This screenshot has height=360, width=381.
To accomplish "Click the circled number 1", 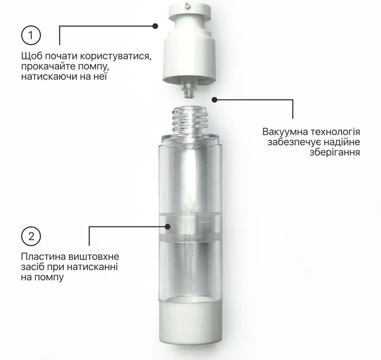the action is point(31,35).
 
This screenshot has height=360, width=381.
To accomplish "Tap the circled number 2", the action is point(31,236).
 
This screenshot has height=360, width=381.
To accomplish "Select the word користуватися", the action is point(116,56).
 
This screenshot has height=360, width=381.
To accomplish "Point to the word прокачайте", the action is point(47,67).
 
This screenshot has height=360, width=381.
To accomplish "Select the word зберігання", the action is point(335,152).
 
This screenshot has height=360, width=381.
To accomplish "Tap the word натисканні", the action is point(92,267).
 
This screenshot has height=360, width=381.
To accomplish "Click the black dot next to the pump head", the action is point(155,26).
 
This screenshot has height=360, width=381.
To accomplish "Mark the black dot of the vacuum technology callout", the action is point(214,99).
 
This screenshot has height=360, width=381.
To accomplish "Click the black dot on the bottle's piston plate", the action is point(167,226).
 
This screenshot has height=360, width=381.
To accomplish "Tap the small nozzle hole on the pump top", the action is point(187,4).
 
